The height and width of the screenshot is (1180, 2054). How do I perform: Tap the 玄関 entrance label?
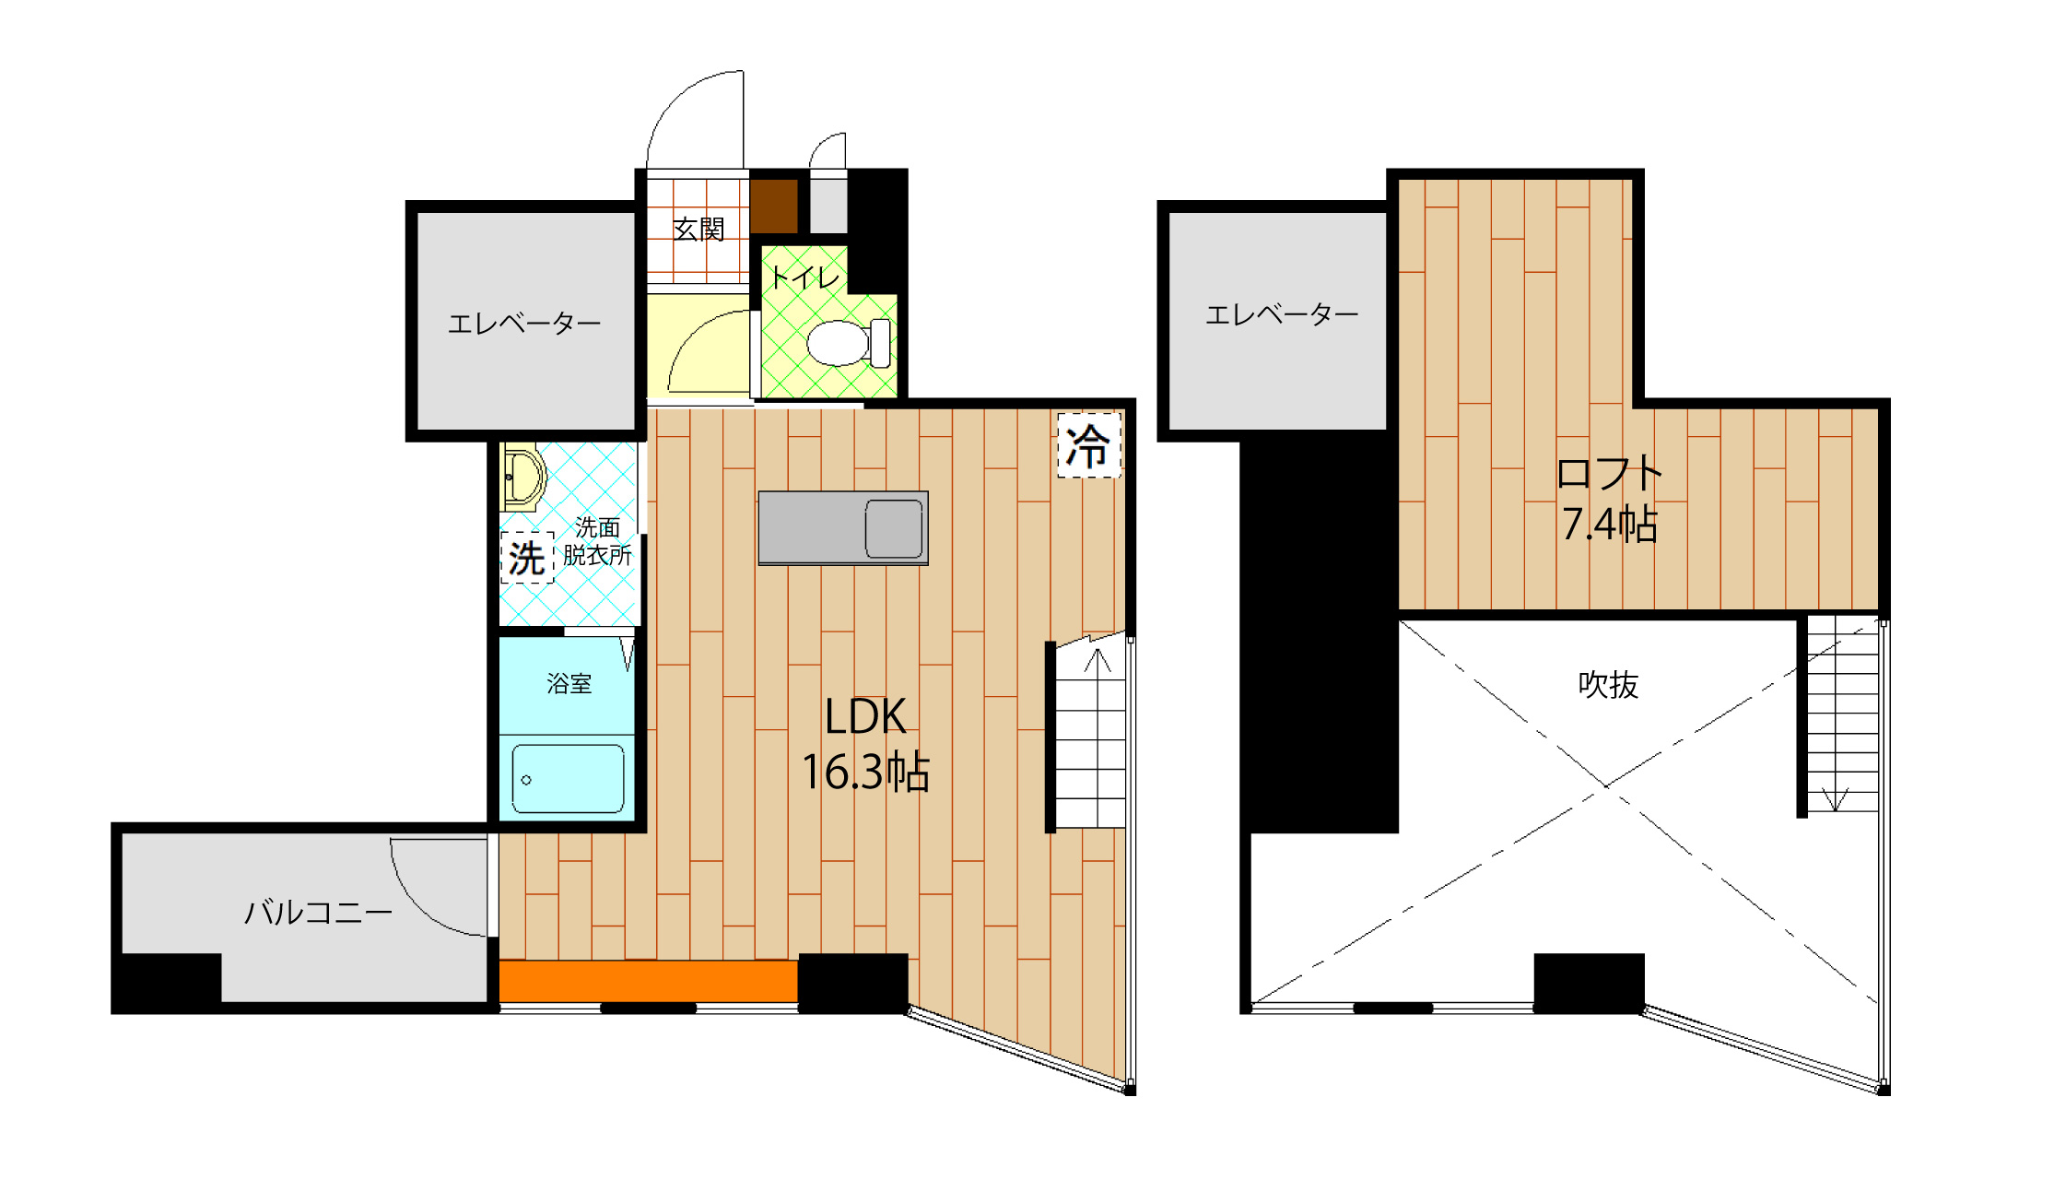698,229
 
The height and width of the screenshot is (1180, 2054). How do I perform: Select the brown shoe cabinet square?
774,206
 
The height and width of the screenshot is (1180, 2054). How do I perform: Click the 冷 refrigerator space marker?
1088,446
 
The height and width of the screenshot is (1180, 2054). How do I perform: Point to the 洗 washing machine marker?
527,558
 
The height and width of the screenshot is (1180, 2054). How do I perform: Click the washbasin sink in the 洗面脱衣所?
522,477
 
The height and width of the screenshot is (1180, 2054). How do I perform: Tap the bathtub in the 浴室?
568,779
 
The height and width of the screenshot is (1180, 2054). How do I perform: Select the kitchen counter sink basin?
894,528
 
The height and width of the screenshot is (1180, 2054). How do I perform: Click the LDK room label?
865,716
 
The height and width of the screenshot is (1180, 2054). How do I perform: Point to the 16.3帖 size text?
865,772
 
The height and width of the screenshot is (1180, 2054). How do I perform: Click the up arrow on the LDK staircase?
1097,660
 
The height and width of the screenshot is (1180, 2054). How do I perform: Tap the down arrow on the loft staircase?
1835,798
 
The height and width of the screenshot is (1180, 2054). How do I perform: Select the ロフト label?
1609,474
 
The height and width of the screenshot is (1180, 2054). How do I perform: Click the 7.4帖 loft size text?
1609,524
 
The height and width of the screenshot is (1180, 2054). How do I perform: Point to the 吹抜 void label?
1608,685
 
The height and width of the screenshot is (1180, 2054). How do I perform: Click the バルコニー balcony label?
318,913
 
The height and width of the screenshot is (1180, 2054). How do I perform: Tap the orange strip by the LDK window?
649,981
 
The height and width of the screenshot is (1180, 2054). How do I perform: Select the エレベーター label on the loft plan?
1282,315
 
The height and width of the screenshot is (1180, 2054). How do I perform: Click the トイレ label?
805,277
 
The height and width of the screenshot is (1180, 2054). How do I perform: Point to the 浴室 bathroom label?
569,683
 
